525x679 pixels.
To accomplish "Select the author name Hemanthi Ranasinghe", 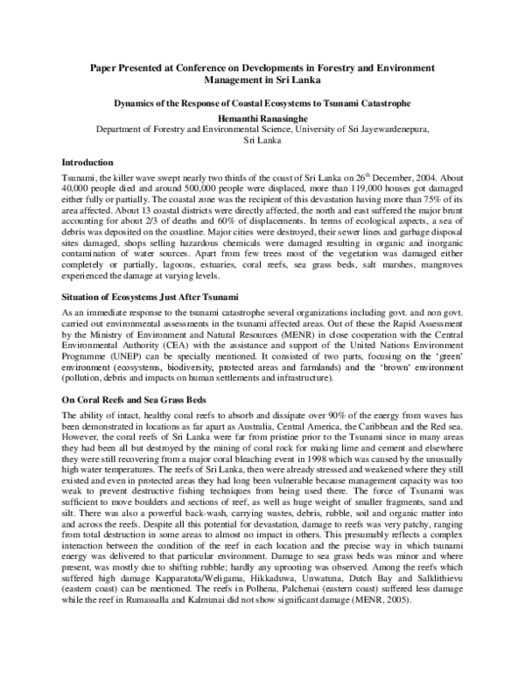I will pyautogui.click(x=262, y=115).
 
